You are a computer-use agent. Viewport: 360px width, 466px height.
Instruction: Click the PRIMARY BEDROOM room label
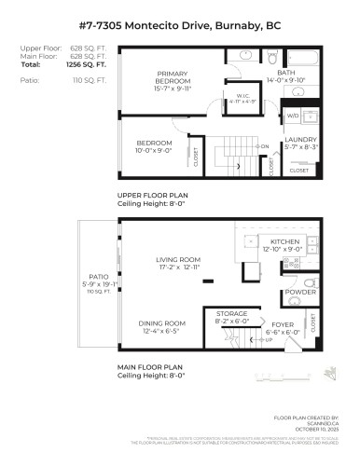pyautogui.click(x=173, y=77)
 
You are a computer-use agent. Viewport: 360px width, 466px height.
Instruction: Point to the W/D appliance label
pyautogui.click(x=293, y=116)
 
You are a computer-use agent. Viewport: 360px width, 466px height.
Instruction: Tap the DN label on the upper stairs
pyautogui.click(x=264, y=146)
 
